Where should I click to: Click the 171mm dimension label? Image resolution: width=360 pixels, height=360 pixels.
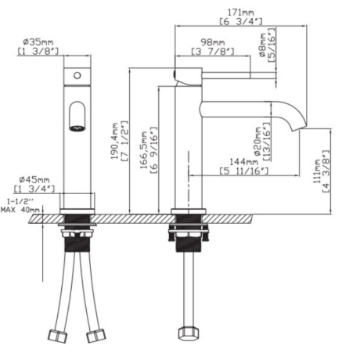241,13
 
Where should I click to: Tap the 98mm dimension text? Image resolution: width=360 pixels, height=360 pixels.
213,42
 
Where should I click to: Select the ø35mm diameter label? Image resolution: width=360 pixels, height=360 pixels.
38,41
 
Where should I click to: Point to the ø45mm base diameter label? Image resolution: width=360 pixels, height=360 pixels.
34,179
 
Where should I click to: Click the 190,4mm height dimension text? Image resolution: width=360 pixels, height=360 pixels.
114,141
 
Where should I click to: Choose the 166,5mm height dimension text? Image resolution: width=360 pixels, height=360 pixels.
144,150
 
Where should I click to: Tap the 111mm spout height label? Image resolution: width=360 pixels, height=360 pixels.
317,171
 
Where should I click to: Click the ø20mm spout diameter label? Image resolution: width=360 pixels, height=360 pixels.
257,141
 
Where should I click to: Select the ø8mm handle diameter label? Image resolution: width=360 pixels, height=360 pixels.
263,45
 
